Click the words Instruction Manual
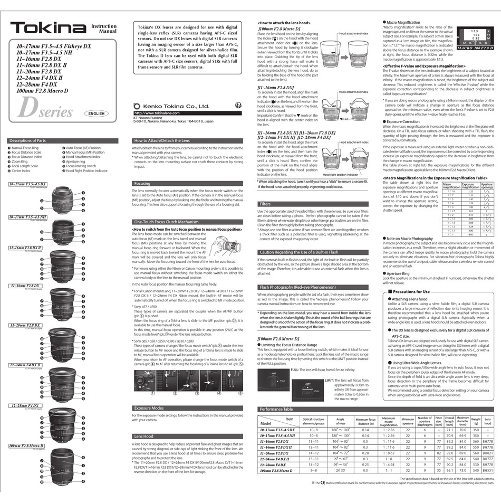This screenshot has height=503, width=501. point(104,29)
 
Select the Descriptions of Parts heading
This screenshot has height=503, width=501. point(27,140)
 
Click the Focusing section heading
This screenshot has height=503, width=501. point(143,183)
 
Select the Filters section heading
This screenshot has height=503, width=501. point(265,204)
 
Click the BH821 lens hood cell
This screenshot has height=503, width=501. point(489,453)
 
